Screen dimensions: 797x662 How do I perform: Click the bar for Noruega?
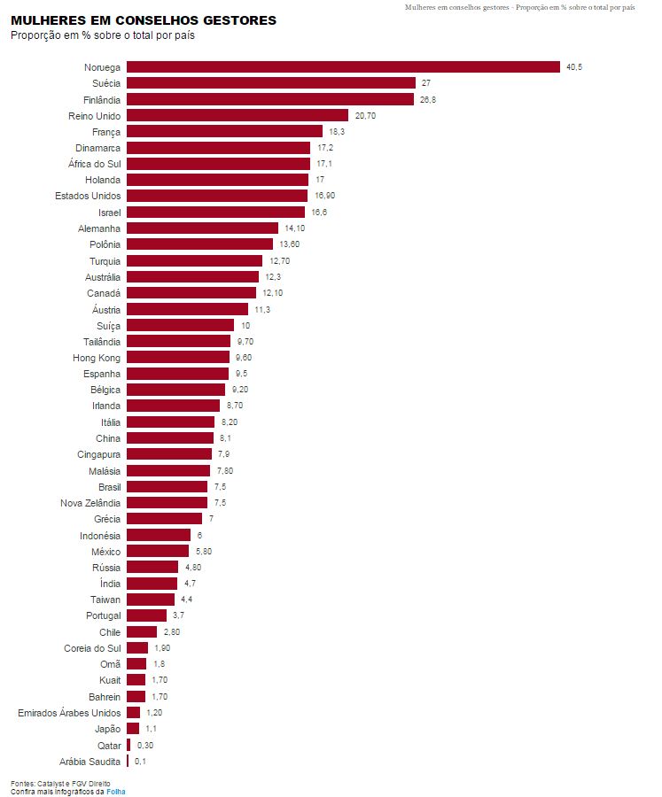343,66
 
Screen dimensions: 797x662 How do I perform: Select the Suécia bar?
271,82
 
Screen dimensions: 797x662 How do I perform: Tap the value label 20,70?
365,115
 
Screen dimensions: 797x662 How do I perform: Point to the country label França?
106,131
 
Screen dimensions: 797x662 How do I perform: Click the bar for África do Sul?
218,164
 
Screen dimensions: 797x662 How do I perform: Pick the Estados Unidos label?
88,196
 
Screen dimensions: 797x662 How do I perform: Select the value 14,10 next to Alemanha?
295,228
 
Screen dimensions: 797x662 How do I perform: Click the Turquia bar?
195,260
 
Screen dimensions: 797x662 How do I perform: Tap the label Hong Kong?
97,358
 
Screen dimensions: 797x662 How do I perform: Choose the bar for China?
170,438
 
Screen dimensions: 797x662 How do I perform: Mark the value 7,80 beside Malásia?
225,470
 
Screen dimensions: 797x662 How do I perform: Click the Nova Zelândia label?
90,503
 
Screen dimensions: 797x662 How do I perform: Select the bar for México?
158,551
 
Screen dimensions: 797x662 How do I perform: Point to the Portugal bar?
146,615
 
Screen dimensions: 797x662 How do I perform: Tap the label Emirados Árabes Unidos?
69,713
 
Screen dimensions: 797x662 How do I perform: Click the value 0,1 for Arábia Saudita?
140,761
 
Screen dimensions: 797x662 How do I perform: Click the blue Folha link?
116,792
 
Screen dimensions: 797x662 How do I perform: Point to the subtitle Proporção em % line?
103,36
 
